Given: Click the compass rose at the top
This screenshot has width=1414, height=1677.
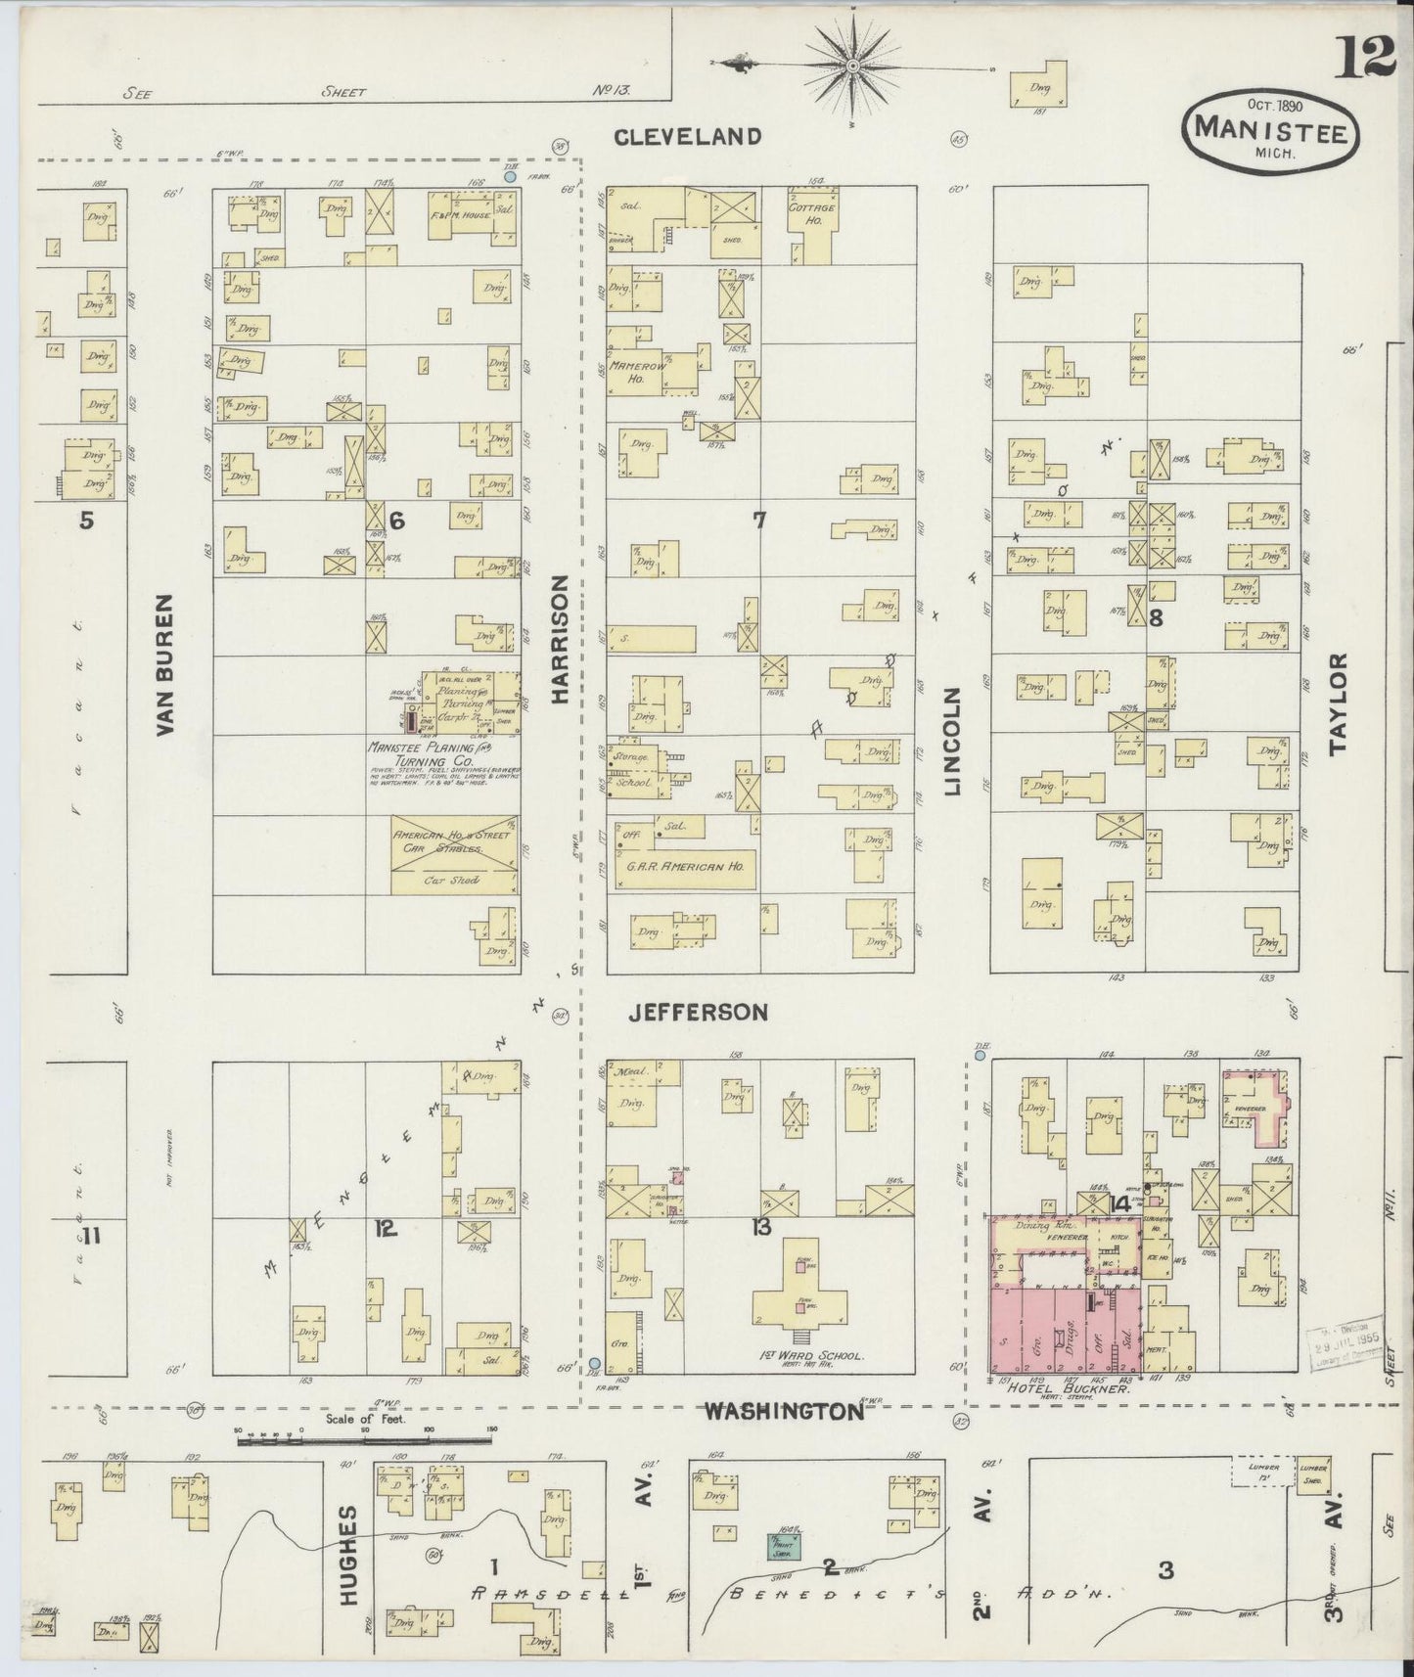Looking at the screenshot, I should pyautogui.click(x=852, y=65).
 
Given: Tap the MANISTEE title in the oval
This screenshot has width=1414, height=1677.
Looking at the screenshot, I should pyautogui.click(x=1270, y=127).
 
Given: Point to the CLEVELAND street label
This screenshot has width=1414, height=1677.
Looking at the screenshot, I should pyautogui.click(x=687, y=137).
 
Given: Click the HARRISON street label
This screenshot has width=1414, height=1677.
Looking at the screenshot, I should pyautogui.click(x=560, y=638).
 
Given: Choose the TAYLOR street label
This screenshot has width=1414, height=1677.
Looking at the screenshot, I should pyautogui.click(x=1338, y=703).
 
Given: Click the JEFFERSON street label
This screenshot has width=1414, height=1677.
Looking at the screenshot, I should pyautogui.click(x=697, y=1013).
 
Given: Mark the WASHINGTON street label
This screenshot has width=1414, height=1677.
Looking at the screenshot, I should pyautogui.click(x=784, y=1411).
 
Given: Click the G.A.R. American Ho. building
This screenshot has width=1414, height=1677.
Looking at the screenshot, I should pyautogui.click(x=685, y=867).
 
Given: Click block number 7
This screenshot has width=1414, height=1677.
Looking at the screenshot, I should pyautogui.click(x=758, y=521).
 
